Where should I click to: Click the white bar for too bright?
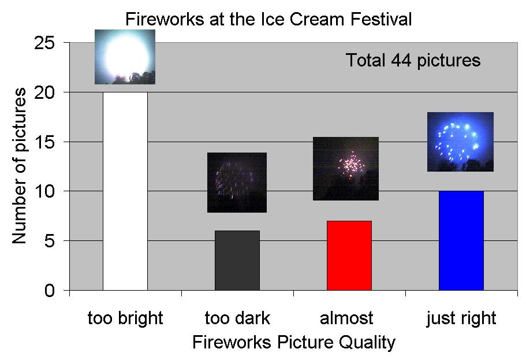pos(125,191)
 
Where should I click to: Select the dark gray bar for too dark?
pos(237,260)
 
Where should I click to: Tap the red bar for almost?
pos(349,255)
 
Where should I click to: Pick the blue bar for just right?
pos(461,240)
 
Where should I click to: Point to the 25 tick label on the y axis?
pos(44,43)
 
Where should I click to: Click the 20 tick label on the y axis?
pos(44,92)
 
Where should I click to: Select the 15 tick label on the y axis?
pos(44,142)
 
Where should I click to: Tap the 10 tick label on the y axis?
pos(44,191)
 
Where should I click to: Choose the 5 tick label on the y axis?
pos(49,241)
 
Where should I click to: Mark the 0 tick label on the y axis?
pos(49,290)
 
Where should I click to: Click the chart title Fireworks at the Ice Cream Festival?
pos(268,19)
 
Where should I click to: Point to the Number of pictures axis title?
pos(19,166)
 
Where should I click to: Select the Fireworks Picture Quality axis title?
pos(294,342)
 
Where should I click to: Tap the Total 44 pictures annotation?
pos(413,61)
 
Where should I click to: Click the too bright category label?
pos(125,318)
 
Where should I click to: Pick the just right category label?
pos(461,318)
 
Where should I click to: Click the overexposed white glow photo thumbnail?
pos(125,57)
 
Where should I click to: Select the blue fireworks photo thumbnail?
pos(460,142)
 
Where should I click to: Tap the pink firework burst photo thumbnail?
pos(345,169)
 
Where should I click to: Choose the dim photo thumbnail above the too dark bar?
pos(237,183)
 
